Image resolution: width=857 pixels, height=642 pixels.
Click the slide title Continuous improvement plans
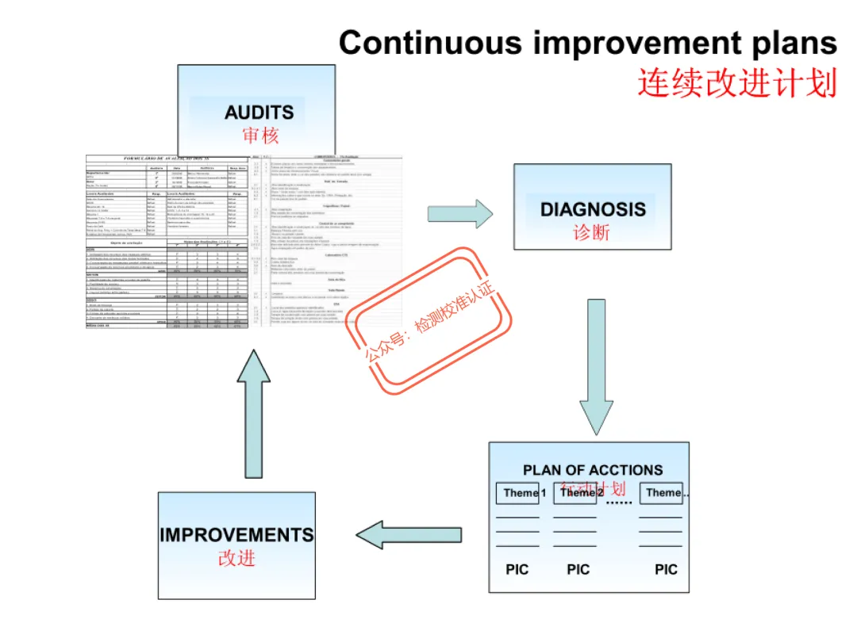pyautogui.click(x=587, y=43)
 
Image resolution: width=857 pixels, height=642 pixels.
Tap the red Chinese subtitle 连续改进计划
pyautogui.click(x=736, y=82)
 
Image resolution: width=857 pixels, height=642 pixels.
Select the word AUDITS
pyautogui.click(x=259, y=113)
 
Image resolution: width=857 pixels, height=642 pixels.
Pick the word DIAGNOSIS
pyautogui.click(x=593, y=210)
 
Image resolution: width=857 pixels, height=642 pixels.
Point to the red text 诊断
pyautogui.click(x=592, y=233)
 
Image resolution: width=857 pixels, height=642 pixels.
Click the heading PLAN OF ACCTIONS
pyautogui.click(x=593, y=470)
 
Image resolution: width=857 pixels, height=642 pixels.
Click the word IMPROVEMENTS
pyautogui.click(x=236, y=535)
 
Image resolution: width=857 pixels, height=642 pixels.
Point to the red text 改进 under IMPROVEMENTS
pyautogui.click(x=236, y=558)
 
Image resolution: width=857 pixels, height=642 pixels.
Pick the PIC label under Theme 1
pyautogui.click(x=517, y=569)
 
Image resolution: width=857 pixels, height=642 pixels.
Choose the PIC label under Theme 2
pyautogui.click(x=578, y=569)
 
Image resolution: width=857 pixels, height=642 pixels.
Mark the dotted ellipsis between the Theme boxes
pyautogui.click(x=618, y=502)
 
